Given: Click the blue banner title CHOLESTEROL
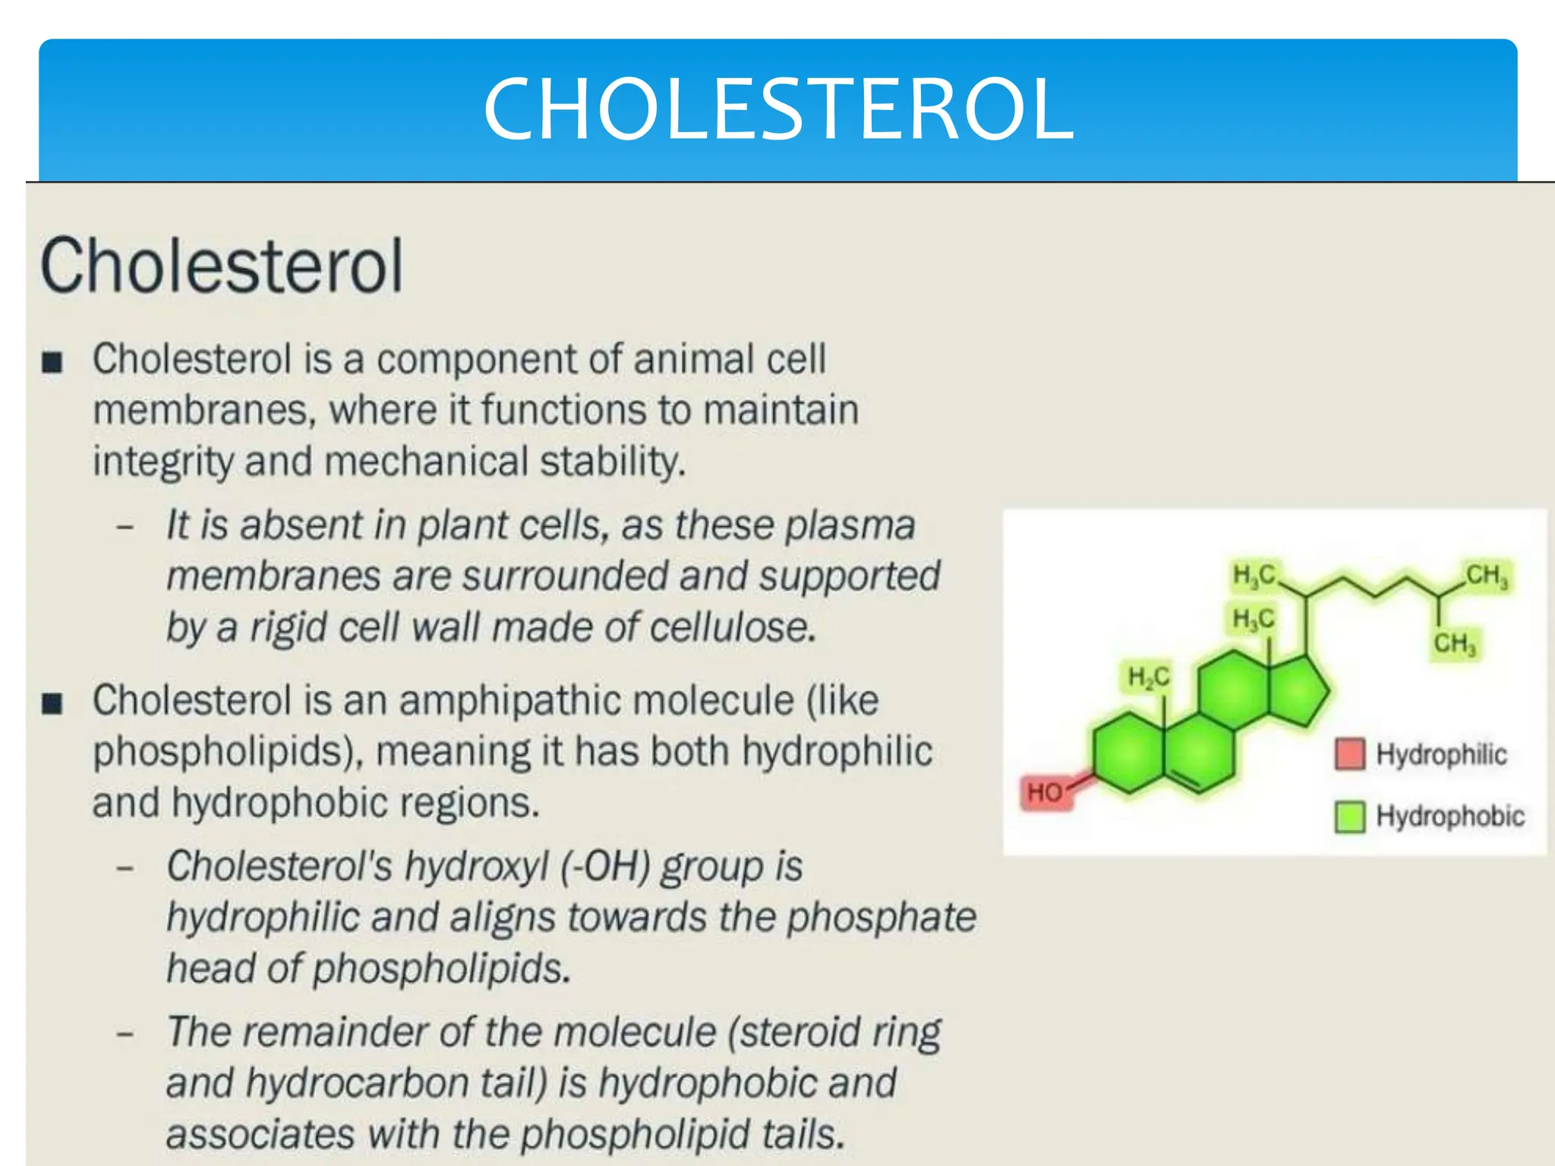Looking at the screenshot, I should pos(777,109).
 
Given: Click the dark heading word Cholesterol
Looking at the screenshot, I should pos(221,265).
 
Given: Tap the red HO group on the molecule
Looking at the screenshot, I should pos(1045,793).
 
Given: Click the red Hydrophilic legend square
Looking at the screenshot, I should pos(1349,754).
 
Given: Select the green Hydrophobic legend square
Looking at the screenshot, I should pos(1349,816).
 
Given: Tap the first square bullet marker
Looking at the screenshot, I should pos(52,362).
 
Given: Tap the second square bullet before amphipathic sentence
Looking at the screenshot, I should pos(52,704).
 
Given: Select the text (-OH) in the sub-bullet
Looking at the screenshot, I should pos(604,866).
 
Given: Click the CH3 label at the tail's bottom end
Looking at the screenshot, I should pos(1453,644).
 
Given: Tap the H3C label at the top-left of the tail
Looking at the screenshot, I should pos(1254,575).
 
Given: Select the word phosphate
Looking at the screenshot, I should pos(881,917).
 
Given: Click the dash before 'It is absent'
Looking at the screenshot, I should pos(126,525).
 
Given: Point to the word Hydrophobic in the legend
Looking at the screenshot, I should pos(1449,816).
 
